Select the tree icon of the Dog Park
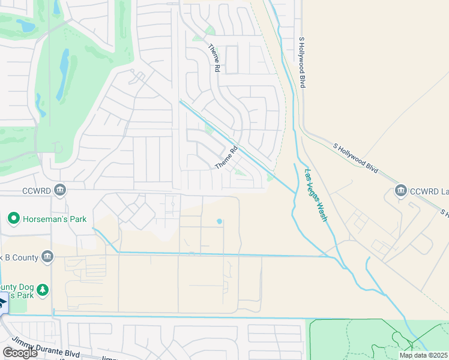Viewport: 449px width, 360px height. point(43,291)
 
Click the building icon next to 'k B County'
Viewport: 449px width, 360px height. point(47,257)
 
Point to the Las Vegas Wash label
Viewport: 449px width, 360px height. point(316,195)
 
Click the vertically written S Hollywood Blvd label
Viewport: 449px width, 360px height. point(303,62)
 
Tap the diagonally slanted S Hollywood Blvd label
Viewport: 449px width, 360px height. point(356,158)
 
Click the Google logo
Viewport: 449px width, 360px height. point(19,353)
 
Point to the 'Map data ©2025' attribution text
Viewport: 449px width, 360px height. point(423,355)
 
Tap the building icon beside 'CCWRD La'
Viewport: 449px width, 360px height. point(400,191)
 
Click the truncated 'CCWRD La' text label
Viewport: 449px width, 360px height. point(429,191)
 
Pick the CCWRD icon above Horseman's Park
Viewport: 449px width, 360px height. point(59,191)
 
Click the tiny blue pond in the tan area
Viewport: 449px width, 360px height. point(219,221)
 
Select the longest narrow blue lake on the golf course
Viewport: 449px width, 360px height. point(62,74)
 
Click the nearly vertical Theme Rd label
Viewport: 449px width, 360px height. point(212,58)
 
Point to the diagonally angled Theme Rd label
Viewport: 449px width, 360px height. point(227,158)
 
